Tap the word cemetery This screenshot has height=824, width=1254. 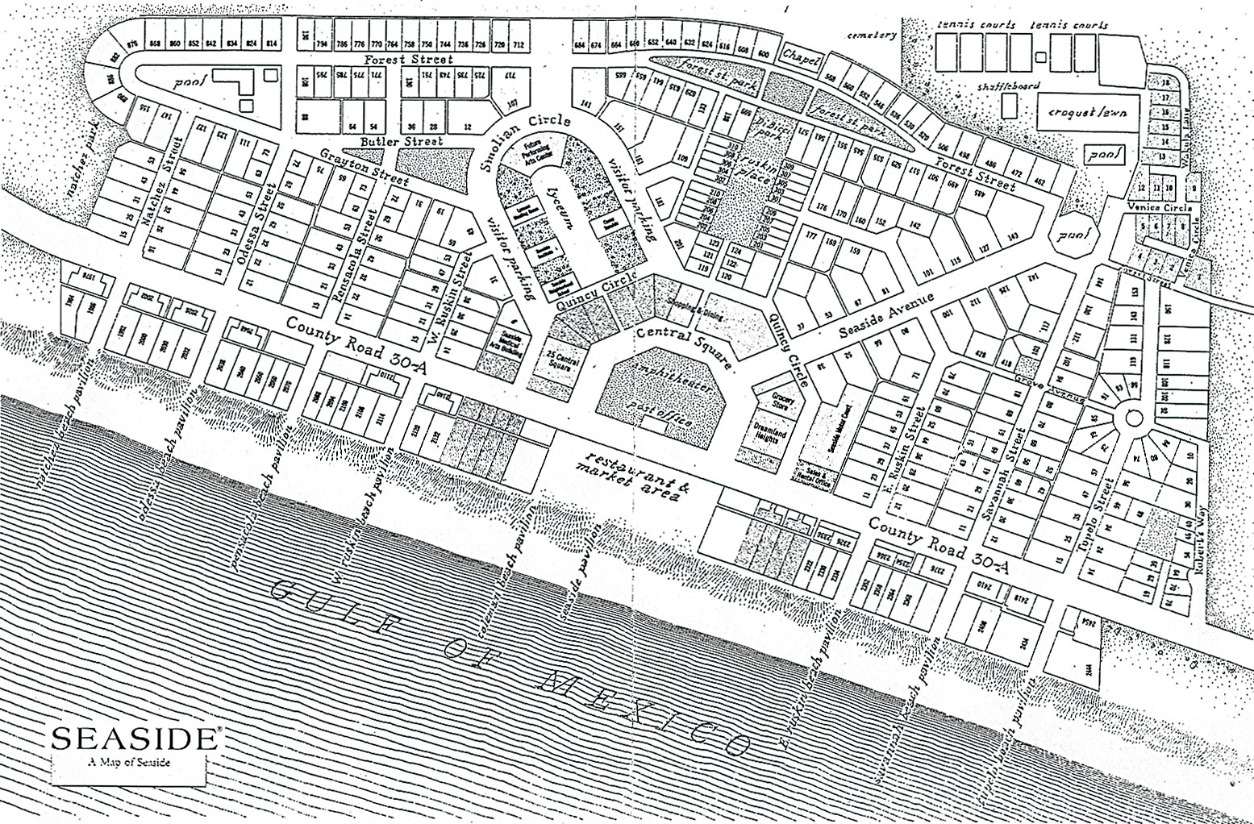[871, 35]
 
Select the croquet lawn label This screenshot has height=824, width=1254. [1088, 114]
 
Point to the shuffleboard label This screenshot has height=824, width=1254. [1008, 85]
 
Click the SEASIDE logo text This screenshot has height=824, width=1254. [134, 739]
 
